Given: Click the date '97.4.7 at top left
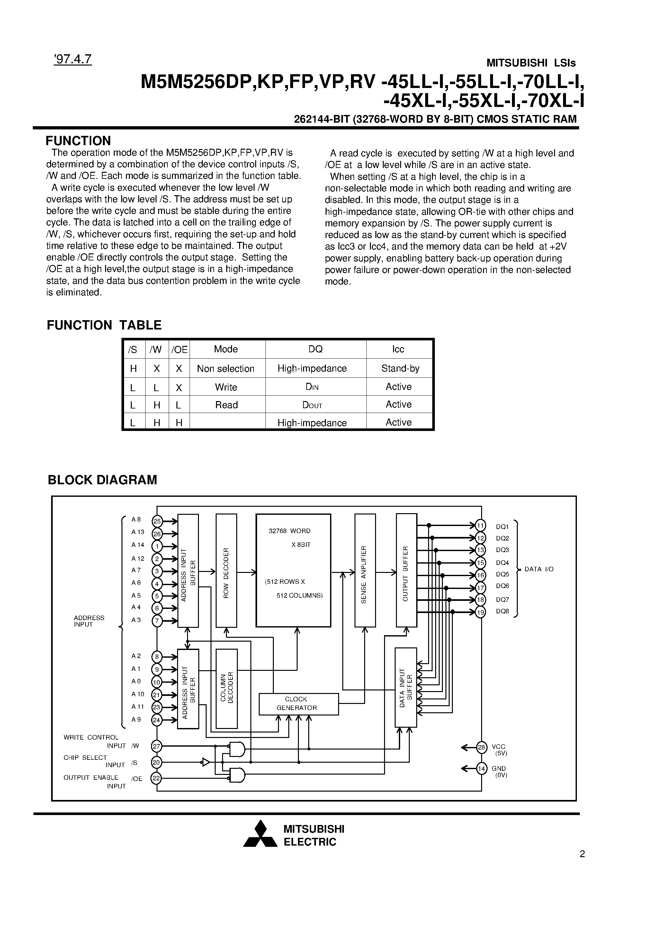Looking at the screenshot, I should tap(72, 59).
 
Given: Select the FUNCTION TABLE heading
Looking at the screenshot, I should tap(104, 325).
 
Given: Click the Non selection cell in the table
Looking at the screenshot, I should tap(226, 368).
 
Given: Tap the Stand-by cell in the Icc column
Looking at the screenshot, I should tap(400, 368).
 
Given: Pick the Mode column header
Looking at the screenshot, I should tap(226, 349).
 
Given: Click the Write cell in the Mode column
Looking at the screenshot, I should tap(226, 387).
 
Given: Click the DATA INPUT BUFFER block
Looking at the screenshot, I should tap(406, 687).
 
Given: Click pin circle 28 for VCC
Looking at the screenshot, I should tap(481, 748).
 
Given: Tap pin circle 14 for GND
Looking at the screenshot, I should tap(481, 769).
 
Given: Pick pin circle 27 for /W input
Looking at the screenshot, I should tap(157, 746).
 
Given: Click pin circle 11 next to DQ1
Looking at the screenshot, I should tap(480, 525).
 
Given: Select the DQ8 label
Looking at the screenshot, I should tap(502, 612).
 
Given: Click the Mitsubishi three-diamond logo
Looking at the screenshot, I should tap(260, 836).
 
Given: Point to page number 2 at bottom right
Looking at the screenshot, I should tap(582, 854).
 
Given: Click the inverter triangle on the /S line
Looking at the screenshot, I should tap(206, 762).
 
